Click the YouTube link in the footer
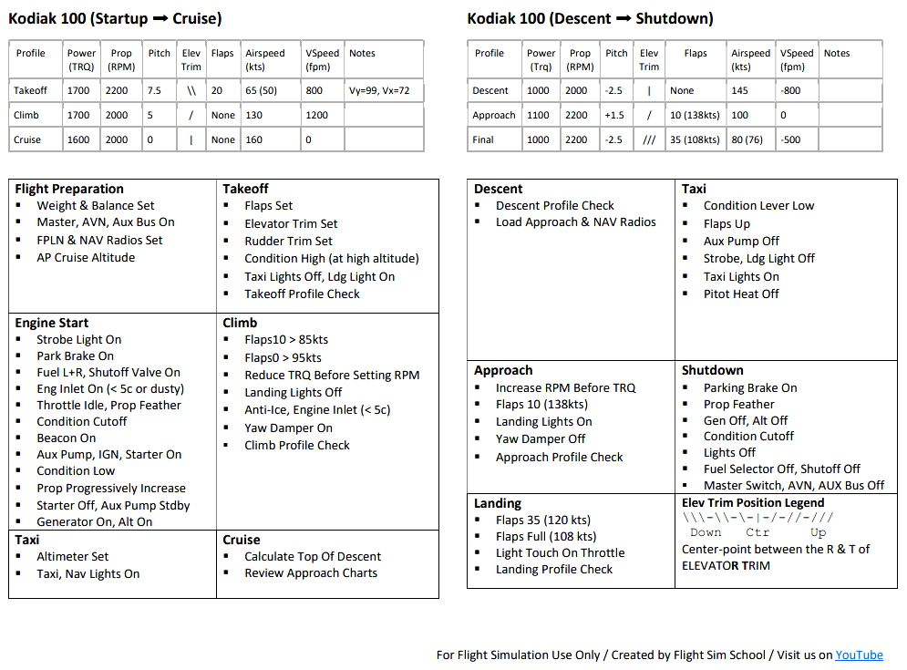pyautogui.click(x=859, y=655)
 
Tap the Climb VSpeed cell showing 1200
pyautogui.click(x=317, y=115)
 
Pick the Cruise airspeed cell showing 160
pyautogui.click(x=254, y=139)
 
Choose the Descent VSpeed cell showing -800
pyautogui.click(x=789, y=90)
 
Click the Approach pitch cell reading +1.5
pyautogui.click(x=615, y=115)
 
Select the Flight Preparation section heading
pyautogui.click(x=69, y=189)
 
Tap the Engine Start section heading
pyautogui.click(x=52, y=323)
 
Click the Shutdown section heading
pyautogui.click(x=713, y=370)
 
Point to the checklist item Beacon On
pyautogui.click(x=66, y=438)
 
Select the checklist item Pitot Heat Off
pyautogui.click(x=741, y=294)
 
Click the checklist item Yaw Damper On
pyautogui.click(x=288, y=428)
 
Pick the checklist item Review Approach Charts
pyautogui.click(x=310, y=572)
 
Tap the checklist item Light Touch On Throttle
pyautogui.click(x=560, y=552)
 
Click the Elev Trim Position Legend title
pyautogui.click(x=753, y=502)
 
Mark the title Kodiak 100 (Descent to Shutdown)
pyautogui.click(x=590, y=18)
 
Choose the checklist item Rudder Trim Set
pyautogui.click(x=288, y=241)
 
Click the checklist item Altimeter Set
pyautogui.click(x=72, y=556)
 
